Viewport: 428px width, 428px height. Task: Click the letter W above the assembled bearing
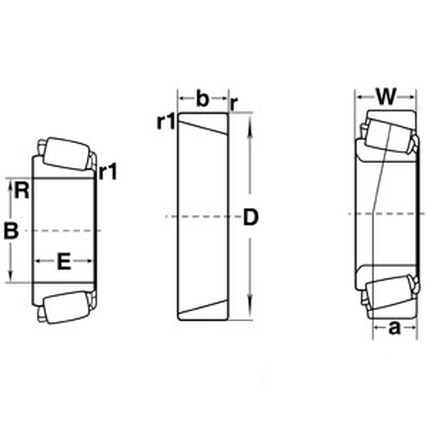(386, 97)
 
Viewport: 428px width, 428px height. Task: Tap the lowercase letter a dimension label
(394, 328)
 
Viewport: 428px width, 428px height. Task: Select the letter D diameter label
(251, 217)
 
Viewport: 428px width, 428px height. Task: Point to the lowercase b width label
(202, 99)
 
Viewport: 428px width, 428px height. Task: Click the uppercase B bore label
(11, 232)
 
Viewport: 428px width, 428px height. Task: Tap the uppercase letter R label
(22, 190)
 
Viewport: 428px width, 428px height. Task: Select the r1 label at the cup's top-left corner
(166, 122)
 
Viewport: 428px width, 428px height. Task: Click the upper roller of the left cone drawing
(64, 154)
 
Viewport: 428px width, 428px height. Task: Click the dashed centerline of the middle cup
(201, 217)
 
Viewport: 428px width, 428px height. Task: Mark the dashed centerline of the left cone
(64, 231)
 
